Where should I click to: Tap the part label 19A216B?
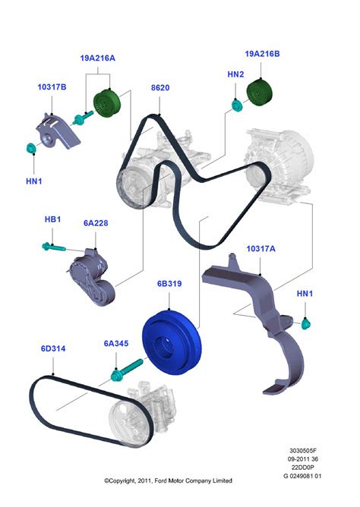click(262, 55)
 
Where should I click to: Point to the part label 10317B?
click(52, 88)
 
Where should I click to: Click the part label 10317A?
click(261, 248)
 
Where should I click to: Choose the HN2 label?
click(236, 75)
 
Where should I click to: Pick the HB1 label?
click(52, 219)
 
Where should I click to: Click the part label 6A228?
click(96, 224)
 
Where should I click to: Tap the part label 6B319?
click(168, 284)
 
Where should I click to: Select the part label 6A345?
click(115, 343)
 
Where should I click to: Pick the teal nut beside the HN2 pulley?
click(236, 103)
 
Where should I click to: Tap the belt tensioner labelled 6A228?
click(91, 275)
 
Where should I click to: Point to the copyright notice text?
click(169, 481)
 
